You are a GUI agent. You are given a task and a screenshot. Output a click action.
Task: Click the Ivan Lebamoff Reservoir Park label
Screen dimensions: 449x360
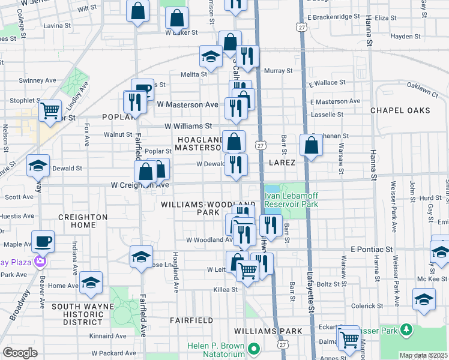point(291,200)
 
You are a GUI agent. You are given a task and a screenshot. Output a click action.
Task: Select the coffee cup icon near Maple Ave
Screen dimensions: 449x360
point(43,242)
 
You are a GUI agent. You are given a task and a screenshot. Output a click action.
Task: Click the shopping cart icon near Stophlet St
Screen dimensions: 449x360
point(50,110)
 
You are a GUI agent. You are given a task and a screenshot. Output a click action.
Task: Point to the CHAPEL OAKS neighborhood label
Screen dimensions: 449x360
point(400,110)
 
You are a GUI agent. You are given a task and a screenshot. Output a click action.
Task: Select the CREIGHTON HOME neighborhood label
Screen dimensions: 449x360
point(83,221)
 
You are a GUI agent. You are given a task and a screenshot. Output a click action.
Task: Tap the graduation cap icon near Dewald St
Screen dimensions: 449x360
point(38,166)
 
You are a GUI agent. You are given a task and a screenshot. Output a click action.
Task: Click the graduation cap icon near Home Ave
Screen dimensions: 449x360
point(91,283)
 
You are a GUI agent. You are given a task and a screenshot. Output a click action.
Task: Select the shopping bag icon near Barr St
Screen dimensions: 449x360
point(312,146)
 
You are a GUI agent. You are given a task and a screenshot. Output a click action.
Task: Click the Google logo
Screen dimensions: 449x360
point(20,353)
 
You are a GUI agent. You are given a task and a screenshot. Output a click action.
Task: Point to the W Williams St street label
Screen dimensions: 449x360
point(188,126)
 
